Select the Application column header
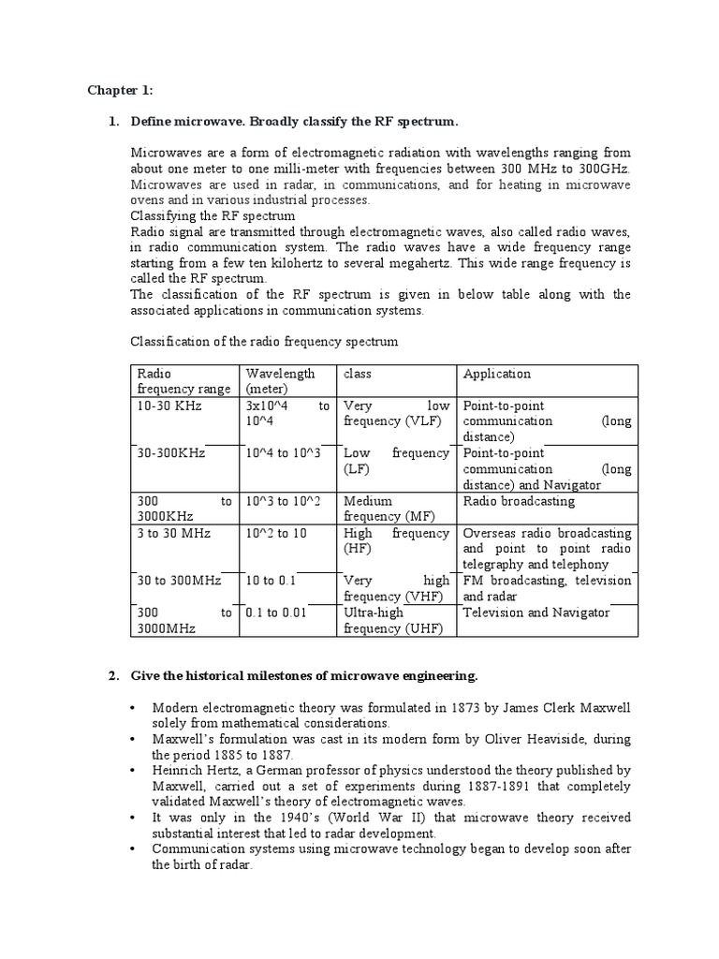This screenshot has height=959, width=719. click(x=497, y=374)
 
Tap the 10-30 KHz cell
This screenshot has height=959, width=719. click(x=169, y=406)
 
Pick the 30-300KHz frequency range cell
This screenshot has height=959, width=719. click(x=170, y=453)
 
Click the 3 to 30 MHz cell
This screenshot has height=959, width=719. click(x=174, y=533)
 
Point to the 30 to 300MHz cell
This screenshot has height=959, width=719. click(x=179, y=581)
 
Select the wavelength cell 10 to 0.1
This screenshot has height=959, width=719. click(x=271, y=581)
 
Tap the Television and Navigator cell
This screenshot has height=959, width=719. click(x=536, y=612)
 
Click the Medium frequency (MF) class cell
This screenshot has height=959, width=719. click(x=384, y=509)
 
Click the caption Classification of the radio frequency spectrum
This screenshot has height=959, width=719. click(x=264, y=342)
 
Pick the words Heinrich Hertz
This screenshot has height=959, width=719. click(x=189, y=771)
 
